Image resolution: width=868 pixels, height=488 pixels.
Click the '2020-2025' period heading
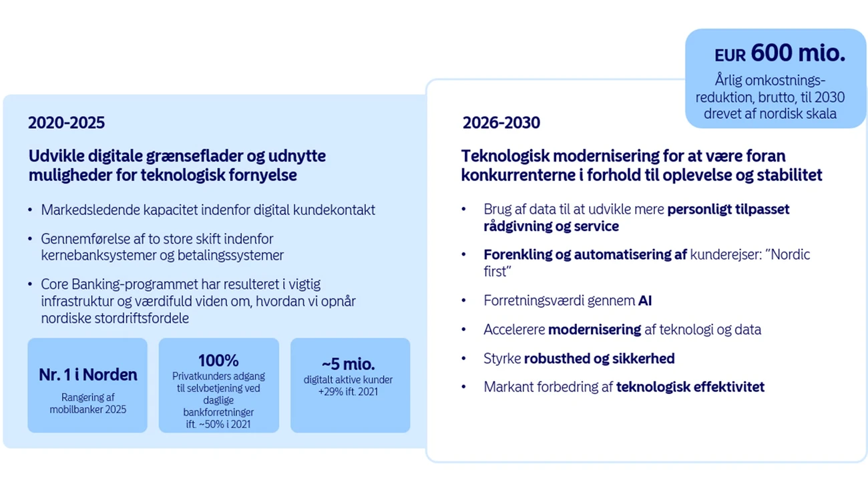pyautogui.click(x=66, y=123)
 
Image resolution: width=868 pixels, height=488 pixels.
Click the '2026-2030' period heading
pyautogui.click(x=501, y=123)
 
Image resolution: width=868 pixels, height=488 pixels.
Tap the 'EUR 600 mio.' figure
pyautogui.click(x=780, y=53)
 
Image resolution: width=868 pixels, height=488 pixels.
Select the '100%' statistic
pyautogui.click(x=218, y=360)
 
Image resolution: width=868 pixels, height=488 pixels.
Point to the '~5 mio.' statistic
pyautogui.click(x=348, y=364)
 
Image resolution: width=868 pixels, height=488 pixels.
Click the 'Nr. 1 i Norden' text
pyautogui.click(x=88, y=375)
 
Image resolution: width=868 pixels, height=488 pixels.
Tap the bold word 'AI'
pyautogui.click(x=645, y=300)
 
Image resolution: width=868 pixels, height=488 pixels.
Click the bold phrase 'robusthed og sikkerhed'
pyautogui.click(x=599, y=358)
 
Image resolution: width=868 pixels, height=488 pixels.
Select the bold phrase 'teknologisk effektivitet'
pyautogui.click(x=690, y=387)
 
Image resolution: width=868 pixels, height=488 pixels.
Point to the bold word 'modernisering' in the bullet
pyautogui.click(x=594, y=330)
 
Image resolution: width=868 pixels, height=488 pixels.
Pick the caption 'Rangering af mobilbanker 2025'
pyautogui.click(x=88, y=403)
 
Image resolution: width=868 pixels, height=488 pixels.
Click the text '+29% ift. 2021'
pyautogui.click(x=348, y=392)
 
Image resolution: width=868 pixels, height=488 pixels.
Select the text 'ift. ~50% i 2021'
pyautogui.click(x=218, y=424)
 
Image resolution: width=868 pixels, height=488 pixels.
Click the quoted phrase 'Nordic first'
pyautogui.click(x=647, y=263)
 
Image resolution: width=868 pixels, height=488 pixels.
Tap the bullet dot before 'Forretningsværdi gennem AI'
pyautogui.click(x=464, y=300)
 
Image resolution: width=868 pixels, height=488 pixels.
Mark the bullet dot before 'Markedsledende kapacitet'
pyautogui.click(x=30, y=210)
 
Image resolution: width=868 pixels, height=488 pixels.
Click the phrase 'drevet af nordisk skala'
pyautogui.click(x=770, y=114)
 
